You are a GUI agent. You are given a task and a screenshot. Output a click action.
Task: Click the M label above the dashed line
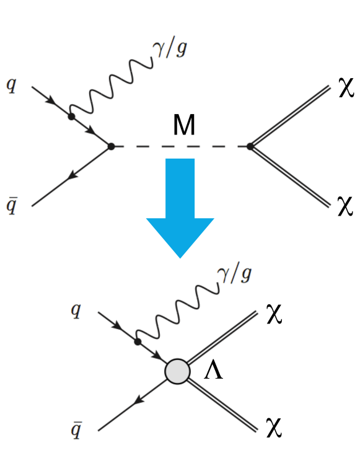coord(184,126)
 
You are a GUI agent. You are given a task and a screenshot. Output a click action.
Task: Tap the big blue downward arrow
coord(180,204)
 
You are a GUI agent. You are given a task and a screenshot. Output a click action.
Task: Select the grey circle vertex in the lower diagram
coord(177,372)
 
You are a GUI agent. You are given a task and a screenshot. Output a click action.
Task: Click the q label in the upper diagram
coord(11,84)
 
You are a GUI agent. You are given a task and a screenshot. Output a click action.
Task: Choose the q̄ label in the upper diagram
coord(11,207)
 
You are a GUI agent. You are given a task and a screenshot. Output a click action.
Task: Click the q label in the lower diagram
coord(76,310)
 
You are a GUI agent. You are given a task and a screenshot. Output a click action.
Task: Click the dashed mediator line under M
coord(180,147)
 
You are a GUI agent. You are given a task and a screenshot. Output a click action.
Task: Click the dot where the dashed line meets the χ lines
coord(250,147)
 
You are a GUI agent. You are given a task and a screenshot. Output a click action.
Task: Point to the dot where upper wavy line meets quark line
coord(72,116)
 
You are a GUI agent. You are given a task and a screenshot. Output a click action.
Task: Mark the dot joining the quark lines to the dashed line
coord(111,146)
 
